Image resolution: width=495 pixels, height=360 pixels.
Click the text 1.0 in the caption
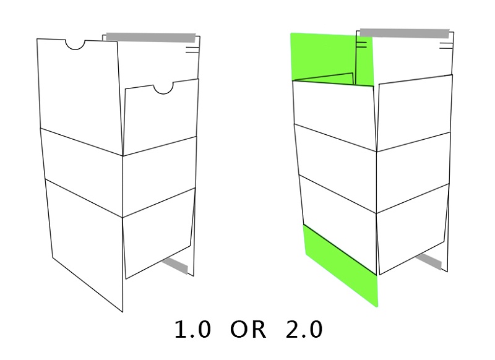click(192, 330)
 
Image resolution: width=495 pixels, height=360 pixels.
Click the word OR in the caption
click(248, 330)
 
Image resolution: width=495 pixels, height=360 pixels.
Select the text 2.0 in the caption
click(304, 330)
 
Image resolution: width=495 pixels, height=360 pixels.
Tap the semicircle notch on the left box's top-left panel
click(75, 45)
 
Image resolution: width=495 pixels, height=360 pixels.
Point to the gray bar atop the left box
click(151, 38)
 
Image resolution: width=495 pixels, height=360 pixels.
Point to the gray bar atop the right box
click(405, 33)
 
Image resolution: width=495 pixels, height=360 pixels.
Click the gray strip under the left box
click(176, 265)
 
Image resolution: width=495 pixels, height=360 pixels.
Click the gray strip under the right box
click(429, 262)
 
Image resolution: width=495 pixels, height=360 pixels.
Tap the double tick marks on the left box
click(192, 50)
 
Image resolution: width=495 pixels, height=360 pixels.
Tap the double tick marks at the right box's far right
click(445, 46)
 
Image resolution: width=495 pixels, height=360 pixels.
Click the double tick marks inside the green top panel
click(361, 45)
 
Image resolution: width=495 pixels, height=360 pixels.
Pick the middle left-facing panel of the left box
click(82, 172)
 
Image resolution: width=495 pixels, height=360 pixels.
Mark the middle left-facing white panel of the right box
click(335, 168)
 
